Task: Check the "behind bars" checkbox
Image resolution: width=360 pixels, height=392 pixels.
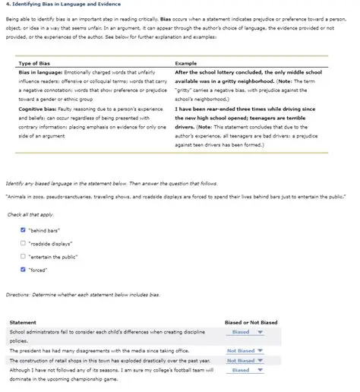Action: click(x=23, y=229)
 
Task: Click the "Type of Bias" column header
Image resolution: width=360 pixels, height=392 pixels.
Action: click(x=35, y=62)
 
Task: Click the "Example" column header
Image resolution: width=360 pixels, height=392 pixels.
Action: click(x=187, y=62)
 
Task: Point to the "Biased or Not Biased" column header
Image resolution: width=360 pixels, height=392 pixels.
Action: click(x=252, y=322)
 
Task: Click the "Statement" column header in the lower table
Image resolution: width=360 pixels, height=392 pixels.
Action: click(x=23, y=322)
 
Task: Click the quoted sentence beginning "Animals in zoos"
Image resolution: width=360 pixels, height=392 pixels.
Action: click(x=178, y=195)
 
